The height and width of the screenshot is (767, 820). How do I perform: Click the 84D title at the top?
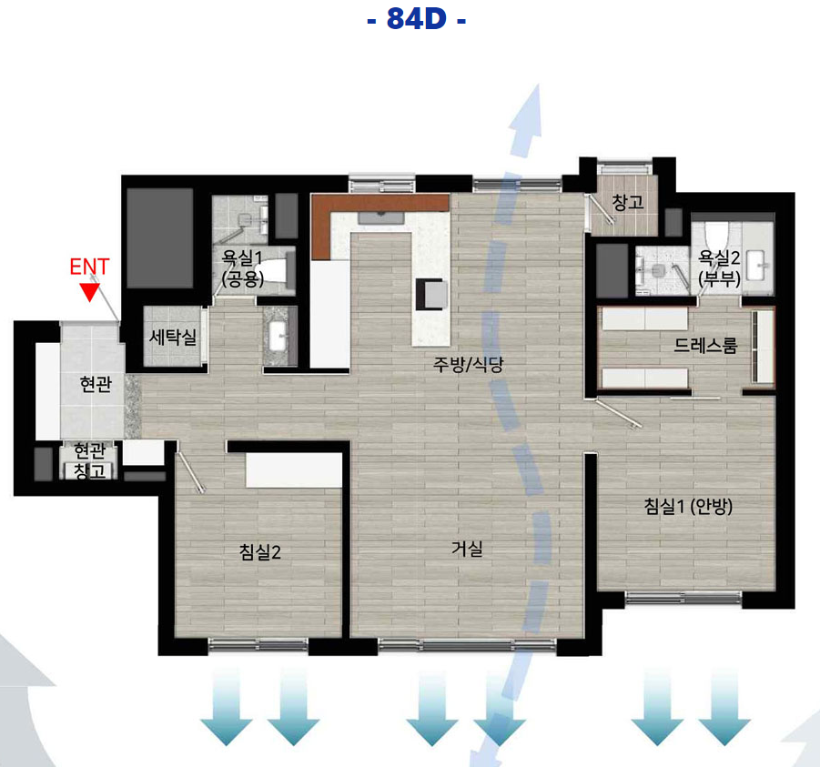click(416, 19)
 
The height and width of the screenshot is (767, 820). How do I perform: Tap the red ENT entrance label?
click(89, 267)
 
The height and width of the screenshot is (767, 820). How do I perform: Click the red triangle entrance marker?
click(90, 292)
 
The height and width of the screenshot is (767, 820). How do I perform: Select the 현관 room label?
click(96, 384)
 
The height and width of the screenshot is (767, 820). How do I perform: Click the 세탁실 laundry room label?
click(173, 336)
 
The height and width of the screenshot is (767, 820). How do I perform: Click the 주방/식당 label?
click(468, 364)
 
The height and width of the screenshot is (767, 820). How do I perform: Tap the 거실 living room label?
click(467, 549)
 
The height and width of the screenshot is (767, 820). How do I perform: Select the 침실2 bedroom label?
click(260, 551)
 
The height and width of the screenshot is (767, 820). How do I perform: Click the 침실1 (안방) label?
click(688, 506)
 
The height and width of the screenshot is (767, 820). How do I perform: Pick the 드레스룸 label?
click(705, 345)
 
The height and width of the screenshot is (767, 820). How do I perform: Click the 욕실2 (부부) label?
click(720, 267)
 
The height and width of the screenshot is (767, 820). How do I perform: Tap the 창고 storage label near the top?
click(628, 202)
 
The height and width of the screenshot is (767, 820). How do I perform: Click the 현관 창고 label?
click(89, 460)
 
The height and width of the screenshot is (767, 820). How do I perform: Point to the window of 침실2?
click(258, 646)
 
